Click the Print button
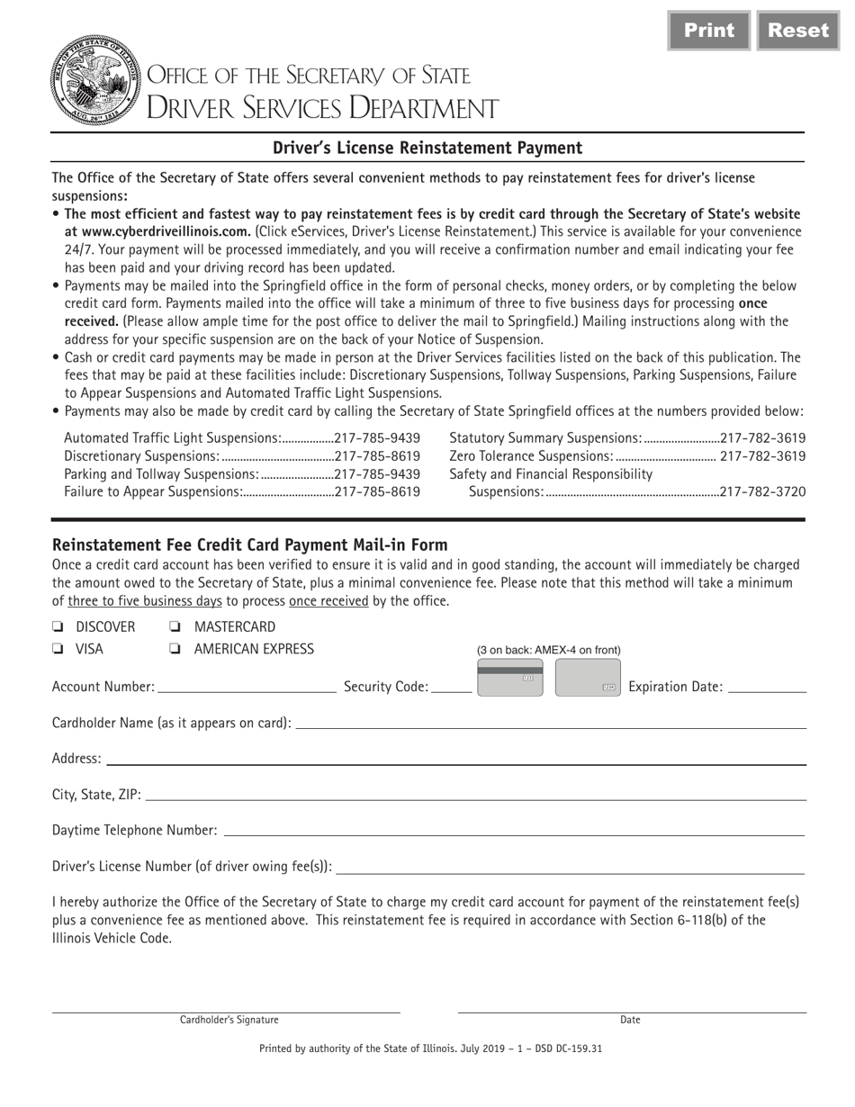coord(708,31)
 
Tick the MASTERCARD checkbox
coord(175,627)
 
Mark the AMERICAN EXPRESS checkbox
coord(175,649)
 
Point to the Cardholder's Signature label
coord(229,1020)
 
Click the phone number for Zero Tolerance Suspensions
coord(763,456)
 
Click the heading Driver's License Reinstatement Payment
coord(427,148)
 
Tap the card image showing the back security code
coord(509,679)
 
